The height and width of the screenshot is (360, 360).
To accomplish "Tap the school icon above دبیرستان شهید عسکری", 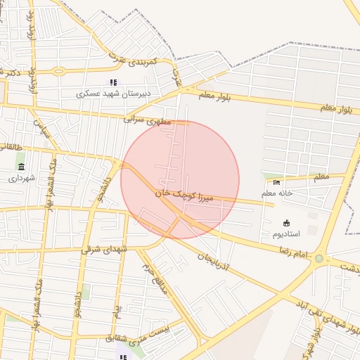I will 113,82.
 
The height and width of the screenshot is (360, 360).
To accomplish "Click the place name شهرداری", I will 21,179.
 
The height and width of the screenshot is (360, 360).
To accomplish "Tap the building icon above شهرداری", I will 21,167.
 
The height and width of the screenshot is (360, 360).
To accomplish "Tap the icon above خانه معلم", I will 276,182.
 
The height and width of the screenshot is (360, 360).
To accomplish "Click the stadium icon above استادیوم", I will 285,223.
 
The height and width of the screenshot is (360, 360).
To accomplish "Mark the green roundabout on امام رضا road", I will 319,259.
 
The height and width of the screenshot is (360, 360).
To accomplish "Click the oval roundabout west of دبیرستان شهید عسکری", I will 59,71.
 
